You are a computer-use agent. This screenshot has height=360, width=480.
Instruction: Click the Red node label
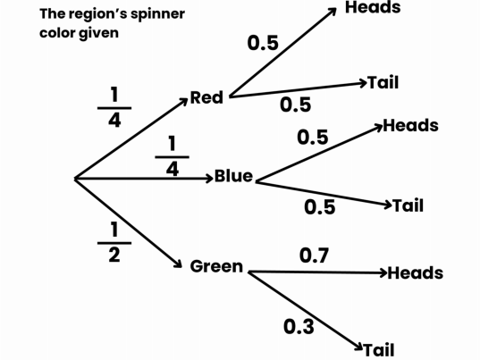[206, 97]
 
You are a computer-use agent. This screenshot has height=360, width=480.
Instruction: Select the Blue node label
[233, 176]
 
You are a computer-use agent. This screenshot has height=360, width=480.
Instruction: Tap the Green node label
[216, 266]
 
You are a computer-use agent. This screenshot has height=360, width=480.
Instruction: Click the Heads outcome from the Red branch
[373, 8]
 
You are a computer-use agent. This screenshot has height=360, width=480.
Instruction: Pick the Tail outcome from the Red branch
[383, 83]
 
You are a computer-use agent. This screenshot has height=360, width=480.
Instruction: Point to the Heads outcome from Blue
[411, 125]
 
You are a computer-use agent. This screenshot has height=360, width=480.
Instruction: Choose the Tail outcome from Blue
[408, 205]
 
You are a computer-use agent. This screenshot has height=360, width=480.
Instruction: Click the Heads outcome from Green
[416, 272]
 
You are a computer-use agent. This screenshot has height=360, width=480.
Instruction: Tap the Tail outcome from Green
[379, 349]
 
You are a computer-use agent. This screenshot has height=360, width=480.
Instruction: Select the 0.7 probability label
[314, 256]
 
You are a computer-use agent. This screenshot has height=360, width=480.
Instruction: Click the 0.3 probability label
[299, 327]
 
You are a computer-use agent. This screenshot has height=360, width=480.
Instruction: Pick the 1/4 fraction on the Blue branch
[172, 156]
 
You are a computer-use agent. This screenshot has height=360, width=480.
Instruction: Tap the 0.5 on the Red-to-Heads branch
[262, 44]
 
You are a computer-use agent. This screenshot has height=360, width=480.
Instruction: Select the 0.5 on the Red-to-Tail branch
[295, 105]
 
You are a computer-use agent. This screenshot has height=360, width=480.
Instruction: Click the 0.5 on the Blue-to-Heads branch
[312, 138]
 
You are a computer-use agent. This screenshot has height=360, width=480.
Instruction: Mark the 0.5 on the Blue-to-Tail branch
[319, 207]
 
